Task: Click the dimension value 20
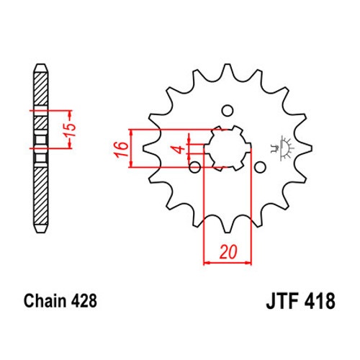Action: [228, 252]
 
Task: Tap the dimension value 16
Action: [121, 149]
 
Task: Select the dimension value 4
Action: [179, 150]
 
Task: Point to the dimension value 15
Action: [71, 130]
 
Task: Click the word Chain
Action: [45, 300]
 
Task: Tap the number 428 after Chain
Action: [84, 301]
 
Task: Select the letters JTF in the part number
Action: [282, 301]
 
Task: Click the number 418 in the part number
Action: [320, 301]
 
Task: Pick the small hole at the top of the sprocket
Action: [228, 111]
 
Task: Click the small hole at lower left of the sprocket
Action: [195, 167]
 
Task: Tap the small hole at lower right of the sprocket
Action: [260, 167]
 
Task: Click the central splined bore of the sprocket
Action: [228, 148]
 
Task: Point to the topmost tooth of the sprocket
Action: [228, 70]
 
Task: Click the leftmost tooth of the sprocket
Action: [150, 148]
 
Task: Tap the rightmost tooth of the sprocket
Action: [305, 148]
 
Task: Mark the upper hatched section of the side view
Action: [41, 89]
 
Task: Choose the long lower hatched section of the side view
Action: [41, 197]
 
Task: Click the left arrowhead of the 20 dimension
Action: [207, 263]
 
